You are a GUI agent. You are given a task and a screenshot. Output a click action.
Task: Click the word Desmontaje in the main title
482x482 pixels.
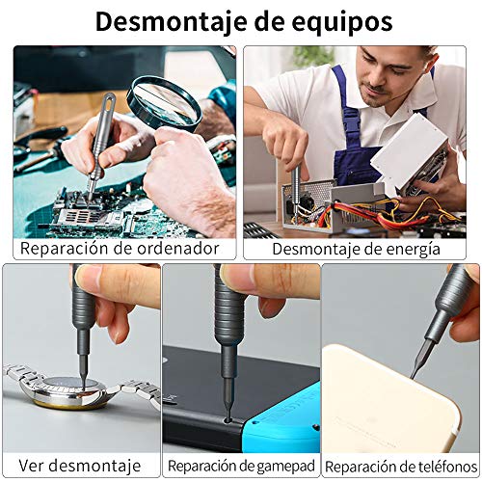(x=172, y=22)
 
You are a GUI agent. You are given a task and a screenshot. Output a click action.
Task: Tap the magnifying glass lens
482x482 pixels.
(x=164, y=101)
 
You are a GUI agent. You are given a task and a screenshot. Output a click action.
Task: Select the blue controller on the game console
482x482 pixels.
(x=281, y=416)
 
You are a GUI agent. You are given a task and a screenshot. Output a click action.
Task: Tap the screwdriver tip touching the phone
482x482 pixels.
(x=413, y=377)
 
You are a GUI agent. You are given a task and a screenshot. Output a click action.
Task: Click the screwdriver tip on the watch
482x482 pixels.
(x=84, y=387)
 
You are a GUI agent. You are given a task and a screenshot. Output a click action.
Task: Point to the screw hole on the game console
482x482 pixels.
(x=228, y=419)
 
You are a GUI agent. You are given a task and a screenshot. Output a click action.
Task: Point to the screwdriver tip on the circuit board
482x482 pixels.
(x=91, y=197)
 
